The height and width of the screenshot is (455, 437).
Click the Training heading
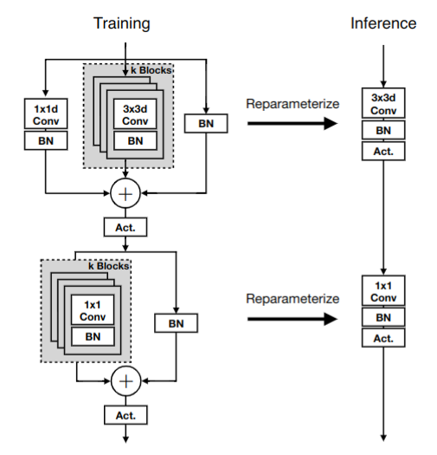tap(122, 23)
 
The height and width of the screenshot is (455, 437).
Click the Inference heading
tap(383, 23)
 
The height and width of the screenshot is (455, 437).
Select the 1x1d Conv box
tap(46, 114)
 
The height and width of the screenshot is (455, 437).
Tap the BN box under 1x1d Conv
tap(46, 140)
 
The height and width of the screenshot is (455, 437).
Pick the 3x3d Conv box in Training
tap(135, 114)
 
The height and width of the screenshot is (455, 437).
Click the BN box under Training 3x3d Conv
tap(135, 140)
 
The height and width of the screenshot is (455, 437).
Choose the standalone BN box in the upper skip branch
tap(206, 124)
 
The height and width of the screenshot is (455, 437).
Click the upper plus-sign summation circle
tap(125, 193)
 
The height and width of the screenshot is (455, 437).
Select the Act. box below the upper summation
tap(125, 227)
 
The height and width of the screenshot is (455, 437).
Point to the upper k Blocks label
tap(151, 70)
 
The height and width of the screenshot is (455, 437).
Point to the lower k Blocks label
tap(109, 266)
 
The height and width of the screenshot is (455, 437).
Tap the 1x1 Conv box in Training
tap(93, 309)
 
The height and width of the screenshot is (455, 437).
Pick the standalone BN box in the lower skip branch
tap(177, 323)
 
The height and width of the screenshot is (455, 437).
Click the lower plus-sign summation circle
tap(126, 381)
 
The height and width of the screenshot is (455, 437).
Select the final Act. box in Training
tap(125, 415)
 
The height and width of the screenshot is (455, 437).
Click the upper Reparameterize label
tap(292, 104)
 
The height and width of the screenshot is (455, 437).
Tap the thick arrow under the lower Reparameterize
tap(292, 319)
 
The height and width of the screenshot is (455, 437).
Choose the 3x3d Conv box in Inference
tap(383, 103)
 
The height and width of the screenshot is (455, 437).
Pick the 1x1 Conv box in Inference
tap(383, 290)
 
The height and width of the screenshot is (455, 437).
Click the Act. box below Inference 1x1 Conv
tap(383, 338)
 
